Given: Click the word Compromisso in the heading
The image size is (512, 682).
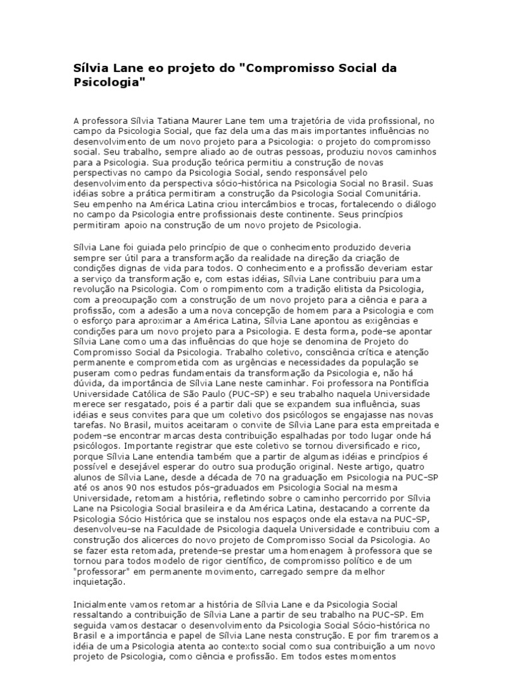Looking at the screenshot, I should tap(290, 69).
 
